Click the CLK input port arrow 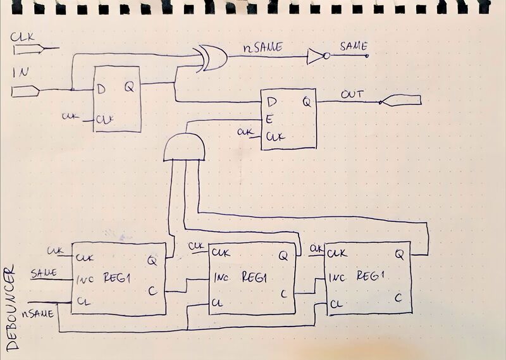(29, 49)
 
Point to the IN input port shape (25, 91)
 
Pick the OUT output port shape (400, 100)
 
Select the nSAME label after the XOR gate (262, 48)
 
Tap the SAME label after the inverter (354, 46)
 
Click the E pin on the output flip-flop (269, 120)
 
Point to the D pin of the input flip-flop (101, 89)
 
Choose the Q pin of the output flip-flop (307, 102)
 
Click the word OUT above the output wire (352, 94)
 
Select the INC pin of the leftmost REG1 (85, 279)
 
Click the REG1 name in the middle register (255, 277)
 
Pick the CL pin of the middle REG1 (217, 303)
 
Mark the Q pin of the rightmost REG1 (400, 255)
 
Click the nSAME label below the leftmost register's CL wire (38, 314)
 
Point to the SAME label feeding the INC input (44, 273)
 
